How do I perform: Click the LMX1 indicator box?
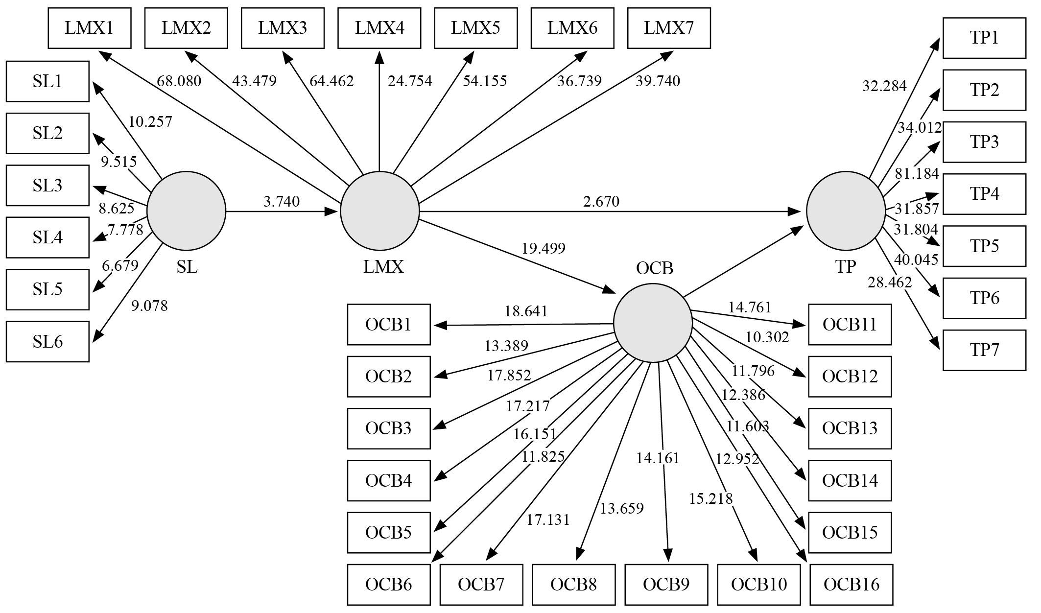click(x=90, y=28)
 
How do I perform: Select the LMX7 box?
click(x=669, y=28)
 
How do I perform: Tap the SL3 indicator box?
click(x=47, y=185)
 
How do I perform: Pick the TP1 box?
click(x=984, y=38)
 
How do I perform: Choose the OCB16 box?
click(x=852, y=585)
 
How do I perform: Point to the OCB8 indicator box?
click(x=573, y=585)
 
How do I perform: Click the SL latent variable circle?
click(x=186, y=211)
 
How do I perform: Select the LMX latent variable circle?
click(x=380, y=211)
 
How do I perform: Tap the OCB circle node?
click(x=653, y=323)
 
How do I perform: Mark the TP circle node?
click(x=846, y=211)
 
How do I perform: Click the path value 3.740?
click(x=282, y=201)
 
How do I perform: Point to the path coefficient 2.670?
click(x=601, y=201)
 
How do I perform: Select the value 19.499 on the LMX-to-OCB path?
click(x=544, y=248)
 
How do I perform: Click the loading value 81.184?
click(x=917, y=173)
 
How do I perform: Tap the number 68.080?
click(x=179, y=81)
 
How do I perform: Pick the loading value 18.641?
click(x=526, y=311)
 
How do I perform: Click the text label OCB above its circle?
click(x=655, y=268)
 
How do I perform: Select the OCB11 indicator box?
click(x=850, y=325)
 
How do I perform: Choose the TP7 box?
click(x=984, y=350)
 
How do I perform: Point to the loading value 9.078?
click(x=149, y=306)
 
